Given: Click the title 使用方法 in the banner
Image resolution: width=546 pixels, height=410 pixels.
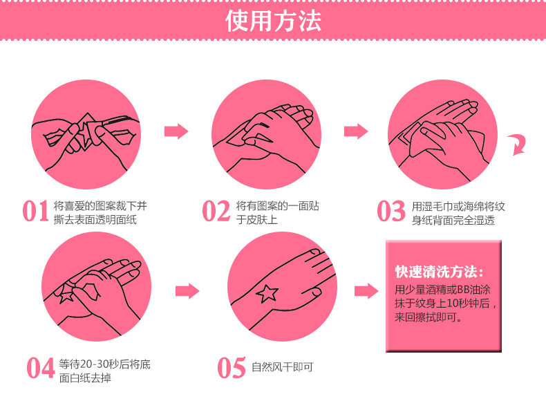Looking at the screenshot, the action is (x=273, y=21).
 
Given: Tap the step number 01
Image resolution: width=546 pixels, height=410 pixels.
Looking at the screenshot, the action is (x=35, y=211).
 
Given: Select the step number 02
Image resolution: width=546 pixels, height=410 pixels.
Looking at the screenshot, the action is (x=216, y=211).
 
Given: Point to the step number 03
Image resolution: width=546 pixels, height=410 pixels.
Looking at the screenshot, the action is (x=391, y=211).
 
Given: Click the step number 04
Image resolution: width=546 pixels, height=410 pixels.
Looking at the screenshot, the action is (x=41, y=368).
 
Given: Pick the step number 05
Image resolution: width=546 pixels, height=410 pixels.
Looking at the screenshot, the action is (x=232, y=368).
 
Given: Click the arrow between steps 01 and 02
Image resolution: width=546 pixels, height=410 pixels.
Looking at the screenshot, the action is (x=176, y=131).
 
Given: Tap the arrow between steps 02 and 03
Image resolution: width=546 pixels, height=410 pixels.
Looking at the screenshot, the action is (x=356, y=131).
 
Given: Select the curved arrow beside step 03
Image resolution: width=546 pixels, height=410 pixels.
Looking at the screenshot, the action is (x=518, y=145).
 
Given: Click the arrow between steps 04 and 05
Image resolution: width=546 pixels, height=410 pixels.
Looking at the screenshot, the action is (x=187, y=291).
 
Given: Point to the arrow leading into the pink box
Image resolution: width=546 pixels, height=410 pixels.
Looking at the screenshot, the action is (x=366, y=291).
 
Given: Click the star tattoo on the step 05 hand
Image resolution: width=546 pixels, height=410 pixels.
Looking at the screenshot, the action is (x=267, y=293).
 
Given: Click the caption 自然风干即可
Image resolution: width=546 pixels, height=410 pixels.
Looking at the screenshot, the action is (x=283, y=367).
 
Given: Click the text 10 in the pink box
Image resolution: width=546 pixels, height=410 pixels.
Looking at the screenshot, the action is (x=452, y=304).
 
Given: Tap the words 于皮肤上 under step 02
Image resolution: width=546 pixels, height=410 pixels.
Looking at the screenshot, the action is (x=256, y=220).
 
